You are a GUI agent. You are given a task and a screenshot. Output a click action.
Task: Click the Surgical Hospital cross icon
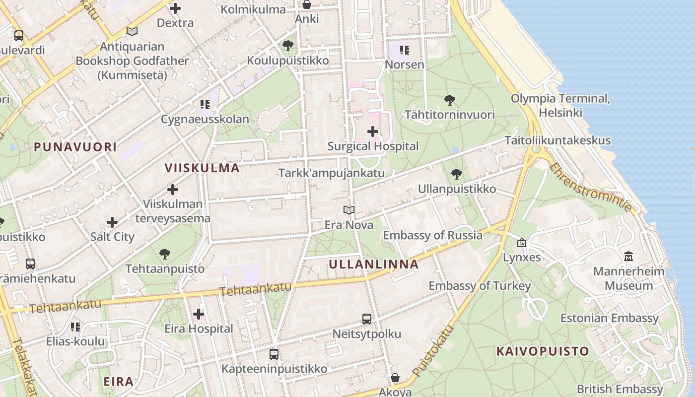pyautogui.click(x=373, y=132)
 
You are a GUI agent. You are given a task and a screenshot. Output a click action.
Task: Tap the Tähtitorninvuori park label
pyautogui.click(x=450, y=115)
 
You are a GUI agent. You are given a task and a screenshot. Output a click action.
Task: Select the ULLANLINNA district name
pyautogui.click(x=374, y=264)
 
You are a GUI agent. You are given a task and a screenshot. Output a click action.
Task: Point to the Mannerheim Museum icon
pyautogui.click(x=629, y=257)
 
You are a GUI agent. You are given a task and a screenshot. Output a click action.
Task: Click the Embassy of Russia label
pyautogui.click(x=432, y=235)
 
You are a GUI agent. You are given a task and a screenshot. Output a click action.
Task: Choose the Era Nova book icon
pyautogui.click(x=349, y=210)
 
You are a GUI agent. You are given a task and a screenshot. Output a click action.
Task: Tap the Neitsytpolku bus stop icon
pyautogui.click(x=367, y=319)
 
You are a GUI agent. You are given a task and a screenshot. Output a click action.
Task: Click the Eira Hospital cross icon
pyautogui.click(x=199, y=314)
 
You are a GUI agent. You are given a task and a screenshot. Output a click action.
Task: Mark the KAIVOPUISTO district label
pyautogui.click(x=543, y=351)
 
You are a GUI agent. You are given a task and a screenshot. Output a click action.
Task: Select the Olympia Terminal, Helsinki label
pyautogui.click(x=560, y=105)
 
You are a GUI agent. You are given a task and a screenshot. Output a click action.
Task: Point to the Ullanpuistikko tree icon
pyautogui.click(x=457, y=174)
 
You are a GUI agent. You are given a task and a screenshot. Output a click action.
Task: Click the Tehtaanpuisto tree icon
pyautogui.click(x=165, y=255)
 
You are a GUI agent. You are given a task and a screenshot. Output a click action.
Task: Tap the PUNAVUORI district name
pyautogui.click(x=75, y=146)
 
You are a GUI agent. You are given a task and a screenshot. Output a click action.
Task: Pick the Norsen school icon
pyautogui.click(x=405, y=50)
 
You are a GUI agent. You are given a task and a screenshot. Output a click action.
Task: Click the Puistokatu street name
pyautogui.click(x=433, y=350)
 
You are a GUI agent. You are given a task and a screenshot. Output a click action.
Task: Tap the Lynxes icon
pyautogui.click(x=522, y=243)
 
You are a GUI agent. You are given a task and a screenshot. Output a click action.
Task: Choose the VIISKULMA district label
pyautogui.click(x=202, y=167)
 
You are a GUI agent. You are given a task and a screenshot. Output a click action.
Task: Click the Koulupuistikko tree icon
pyautogui.click(x=288, y=46)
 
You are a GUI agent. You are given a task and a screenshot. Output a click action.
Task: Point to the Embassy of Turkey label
pyautogui.click(x=480, y=286)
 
